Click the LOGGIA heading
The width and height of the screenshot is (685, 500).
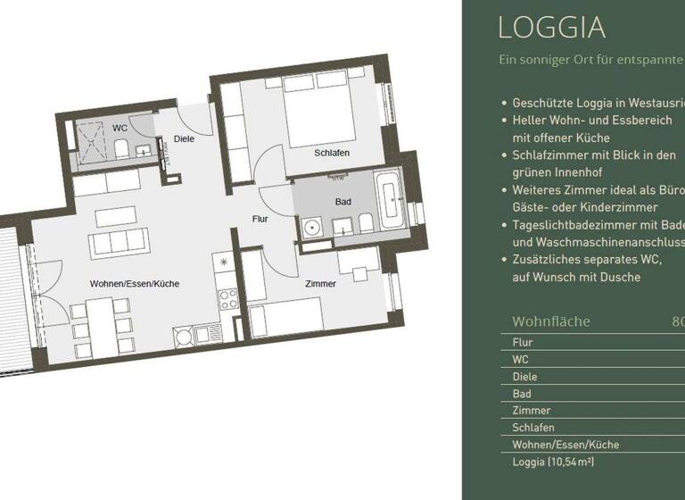tap(552, 27)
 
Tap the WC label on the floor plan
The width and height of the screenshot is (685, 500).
tap(120, 129)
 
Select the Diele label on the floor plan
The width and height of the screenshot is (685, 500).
tap(185, 138)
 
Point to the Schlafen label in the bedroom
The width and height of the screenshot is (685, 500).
tap(331, 154)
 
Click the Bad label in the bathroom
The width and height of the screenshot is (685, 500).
tap(343, 202)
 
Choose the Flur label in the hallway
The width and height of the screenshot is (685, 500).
tap(260, 218)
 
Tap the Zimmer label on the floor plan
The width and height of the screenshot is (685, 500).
tap(320, 284)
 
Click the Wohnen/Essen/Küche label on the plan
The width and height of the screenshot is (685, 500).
tap(135, 284)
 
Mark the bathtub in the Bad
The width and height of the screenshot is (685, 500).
tap(390, 202)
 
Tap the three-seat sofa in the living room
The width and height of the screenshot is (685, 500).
tap(116, 241)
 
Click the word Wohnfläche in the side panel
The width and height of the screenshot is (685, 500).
tap(551, 321)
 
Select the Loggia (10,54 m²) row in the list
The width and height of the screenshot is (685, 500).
tap(553, 462)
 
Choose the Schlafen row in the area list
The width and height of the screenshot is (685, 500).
tap(533, 428)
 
